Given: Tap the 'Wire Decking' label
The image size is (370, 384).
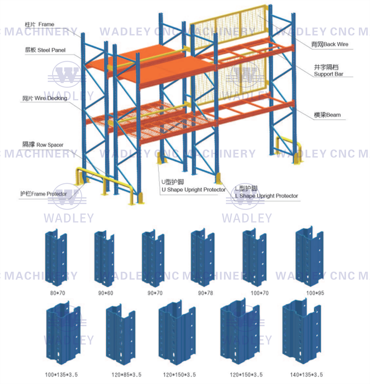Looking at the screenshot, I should click(x=45, y=98).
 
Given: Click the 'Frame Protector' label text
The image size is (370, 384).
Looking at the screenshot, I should click(x=44, y=194).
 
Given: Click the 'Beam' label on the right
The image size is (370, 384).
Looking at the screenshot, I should click(x=327, y=115).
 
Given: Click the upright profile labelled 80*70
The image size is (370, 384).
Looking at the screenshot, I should click(x=56, y=258).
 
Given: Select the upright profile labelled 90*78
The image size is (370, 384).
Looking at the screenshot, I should click(x=203, y=258).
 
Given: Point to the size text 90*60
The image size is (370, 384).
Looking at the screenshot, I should click(x=105, y=293).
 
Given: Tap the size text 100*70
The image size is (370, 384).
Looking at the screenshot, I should click(x=260, y=293).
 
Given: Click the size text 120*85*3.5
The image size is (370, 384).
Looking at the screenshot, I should click(x=126, y=375).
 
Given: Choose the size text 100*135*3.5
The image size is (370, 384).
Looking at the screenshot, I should click(x=62, y=375).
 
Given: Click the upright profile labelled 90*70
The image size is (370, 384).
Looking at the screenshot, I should click(x=153, y=258).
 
